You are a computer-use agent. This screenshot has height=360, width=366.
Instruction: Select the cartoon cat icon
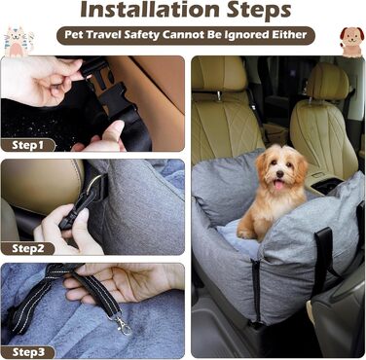(x=18, y=42)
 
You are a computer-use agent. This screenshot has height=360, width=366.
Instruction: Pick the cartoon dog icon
(x=351, y=42)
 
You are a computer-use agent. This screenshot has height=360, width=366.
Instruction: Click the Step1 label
(x=27, y=145)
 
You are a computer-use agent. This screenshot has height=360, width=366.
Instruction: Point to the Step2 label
(x=28, y=249)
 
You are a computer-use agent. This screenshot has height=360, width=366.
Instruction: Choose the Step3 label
(x=28, y=352)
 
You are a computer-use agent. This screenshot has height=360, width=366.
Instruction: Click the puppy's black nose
(x=279, y=174)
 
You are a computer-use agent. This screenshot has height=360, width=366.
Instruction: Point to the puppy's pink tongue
(x=278, y=185)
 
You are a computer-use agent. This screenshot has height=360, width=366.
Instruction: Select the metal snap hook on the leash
(x=123, y=324)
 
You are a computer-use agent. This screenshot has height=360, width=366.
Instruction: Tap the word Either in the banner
(x=289, y=35)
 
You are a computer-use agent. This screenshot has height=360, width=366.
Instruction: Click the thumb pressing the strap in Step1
(x=115, y=130)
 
